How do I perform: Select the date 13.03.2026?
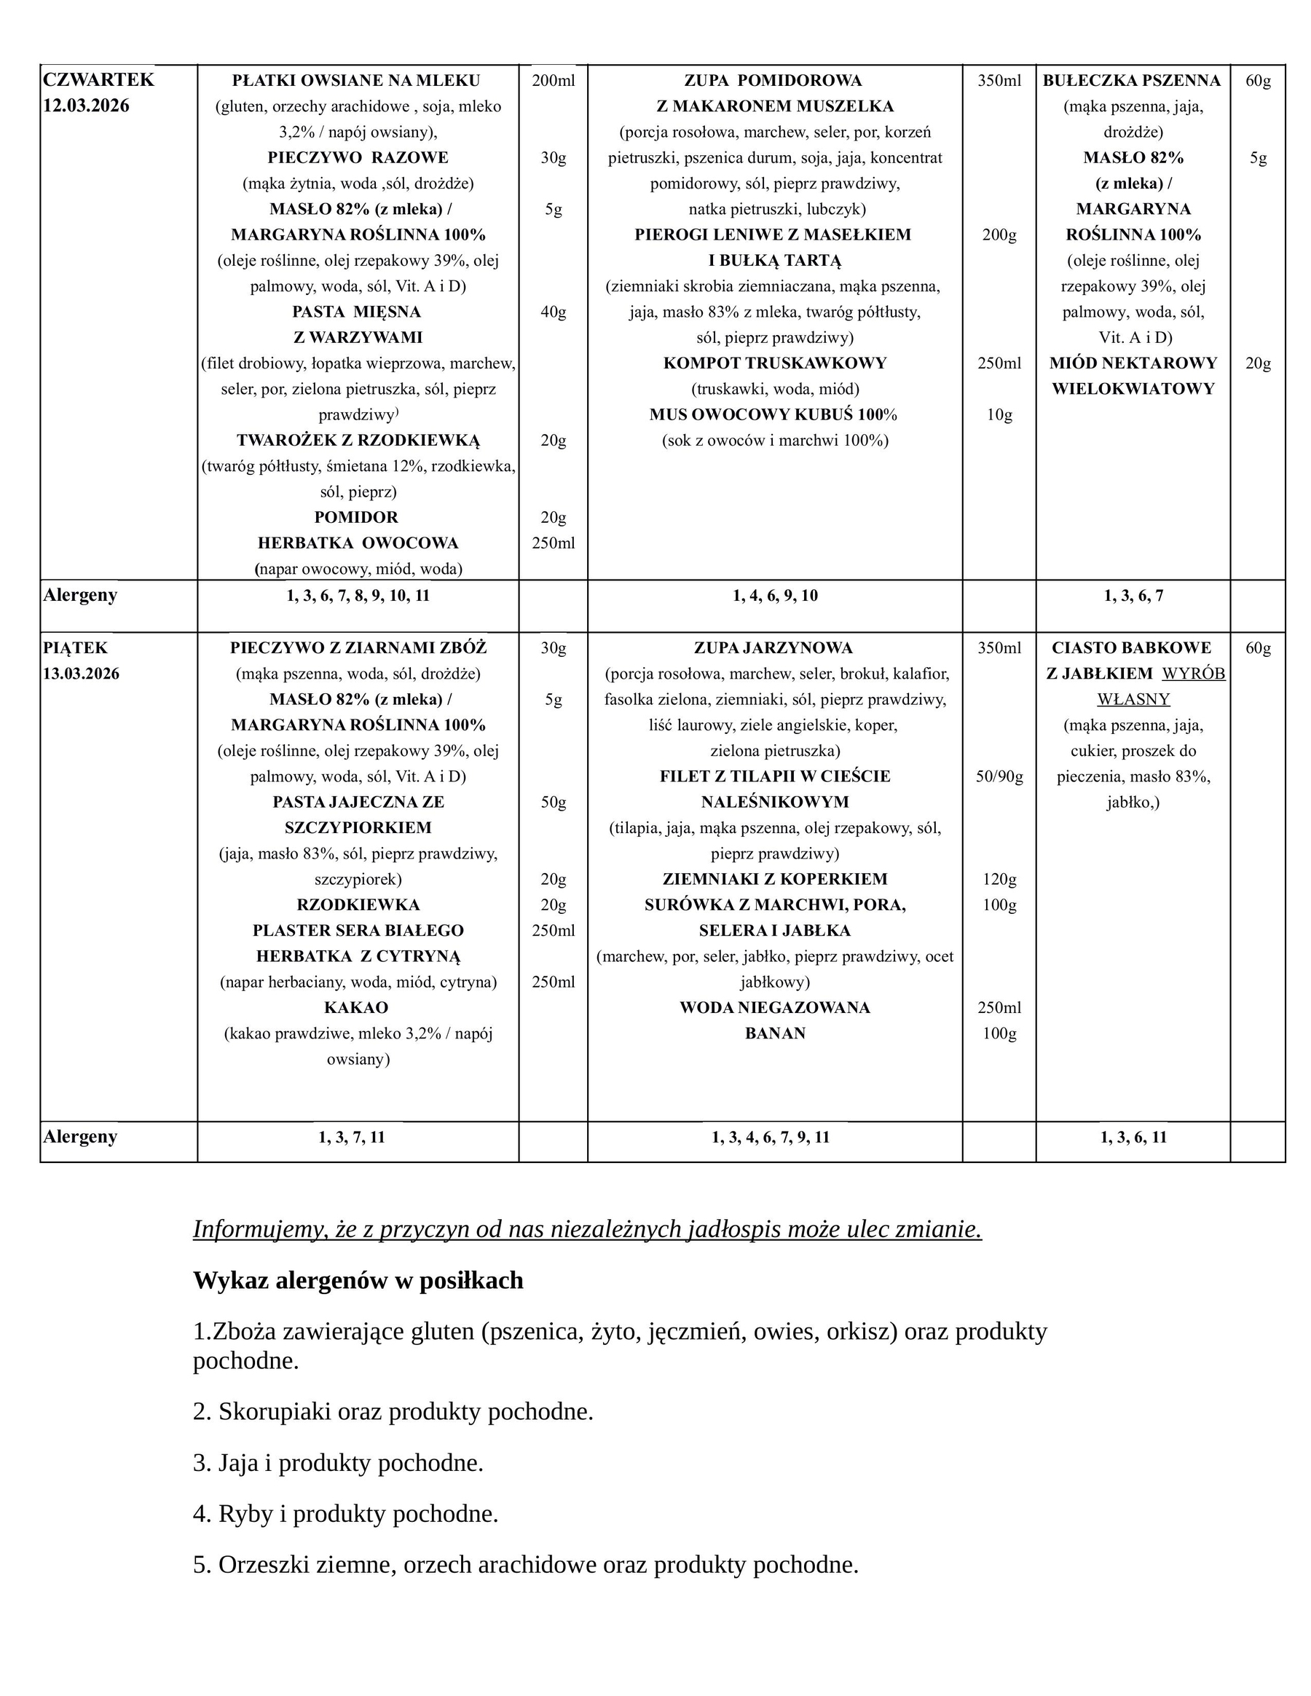click(x=82, y=674)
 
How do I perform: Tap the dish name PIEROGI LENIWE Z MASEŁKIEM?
click(x=773, y=234)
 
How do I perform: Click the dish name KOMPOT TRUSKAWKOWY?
click(x=774, y=363)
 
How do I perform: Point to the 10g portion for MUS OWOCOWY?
click(x=999, y=414)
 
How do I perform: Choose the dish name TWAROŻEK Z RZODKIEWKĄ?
click(x=358, y=441)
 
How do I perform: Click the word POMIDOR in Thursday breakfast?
click(x=355, y=517)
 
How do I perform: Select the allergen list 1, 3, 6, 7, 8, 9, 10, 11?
click(x=358, y=596)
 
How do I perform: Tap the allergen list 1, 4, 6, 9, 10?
click(x=774, y=596)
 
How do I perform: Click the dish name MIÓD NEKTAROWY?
click(x=1133, y=363)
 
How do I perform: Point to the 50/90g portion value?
click(x=999, y=776)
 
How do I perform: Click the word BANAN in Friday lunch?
click(x=774, y=1033)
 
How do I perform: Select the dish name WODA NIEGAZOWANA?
click(x=774, y=1007)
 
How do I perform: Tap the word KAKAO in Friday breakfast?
click(x=355, y=1007)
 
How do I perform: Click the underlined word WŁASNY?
click(x=1133, y=699)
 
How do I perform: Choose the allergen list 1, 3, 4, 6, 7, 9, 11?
click(x=771, y=1137)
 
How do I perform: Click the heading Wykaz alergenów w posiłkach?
click(x=358, y=1279)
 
